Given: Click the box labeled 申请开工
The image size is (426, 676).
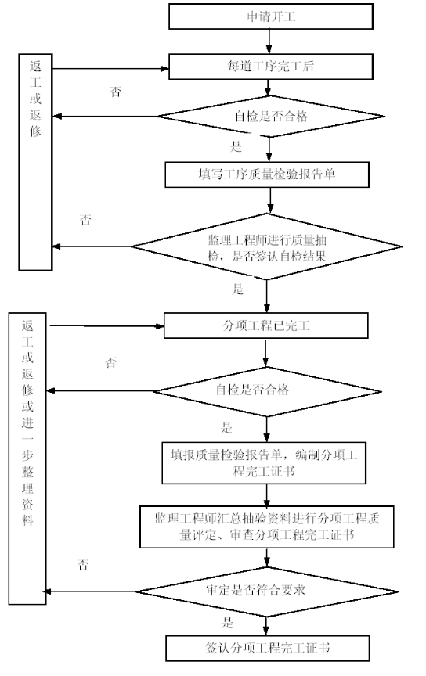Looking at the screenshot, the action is pyautogui.click(x=271, y=16).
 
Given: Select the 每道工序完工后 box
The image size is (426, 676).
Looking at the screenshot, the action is pyautogui.click(x=271, y=67).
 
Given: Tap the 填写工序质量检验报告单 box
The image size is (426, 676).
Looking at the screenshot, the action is pyautogui.click(x=267, y=174).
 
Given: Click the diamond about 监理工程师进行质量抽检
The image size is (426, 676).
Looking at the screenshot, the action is pyautogui.click(x=267, y=247).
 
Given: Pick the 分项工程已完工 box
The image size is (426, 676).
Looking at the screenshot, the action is pyautogui.click(x=266, y=325).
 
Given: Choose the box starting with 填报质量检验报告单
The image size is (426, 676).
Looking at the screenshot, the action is pyautogui.click(x=264, y=462).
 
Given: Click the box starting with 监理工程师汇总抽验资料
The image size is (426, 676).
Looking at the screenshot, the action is pyautogui.click(x=267, y=527).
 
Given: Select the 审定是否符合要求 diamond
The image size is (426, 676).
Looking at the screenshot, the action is pyautogui.click(x=268, y=591).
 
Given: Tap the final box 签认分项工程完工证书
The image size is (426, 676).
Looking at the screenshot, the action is pyautogui.click(x=268, y=648).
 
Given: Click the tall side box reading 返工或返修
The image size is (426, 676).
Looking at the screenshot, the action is pyautogui.click(x=35, y=162).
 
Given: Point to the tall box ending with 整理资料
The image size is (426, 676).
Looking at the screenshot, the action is pyautogui.click(x=27, y=458).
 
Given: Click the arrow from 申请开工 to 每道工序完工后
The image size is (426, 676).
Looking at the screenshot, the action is pyautogui.click(x=269, y=41).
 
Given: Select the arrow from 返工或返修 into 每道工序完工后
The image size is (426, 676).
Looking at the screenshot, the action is pyautogui.click(x=110, y=69).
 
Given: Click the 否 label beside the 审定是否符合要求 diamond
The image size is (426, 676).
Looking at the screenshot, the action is pyautogui.click(x=83, y=565).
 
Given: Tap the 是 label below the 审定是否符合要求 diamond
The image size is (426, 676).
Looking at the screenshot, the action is pyautogui.click(x=227, y=623).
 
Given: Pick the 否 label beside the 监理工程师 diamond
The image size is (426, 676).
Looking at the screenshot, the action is pyautogui.click(x=85, y=221).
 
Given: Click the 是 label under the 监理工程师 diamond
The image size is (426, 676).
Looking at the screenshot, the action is pyautogui.click(x=238, y=289).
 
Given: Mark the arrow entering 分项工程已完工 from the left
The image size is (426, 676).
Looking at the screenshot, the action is pyautogui.click(x=106, y=326).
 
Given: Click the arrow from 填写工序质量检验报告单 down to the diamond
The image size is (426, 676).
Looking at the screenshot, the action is pyautogui.click(x=270, y=200).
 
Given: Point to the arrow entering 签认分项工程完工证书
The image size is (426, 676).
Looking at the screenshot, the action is pyautogui.click(x=266, y=626).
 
